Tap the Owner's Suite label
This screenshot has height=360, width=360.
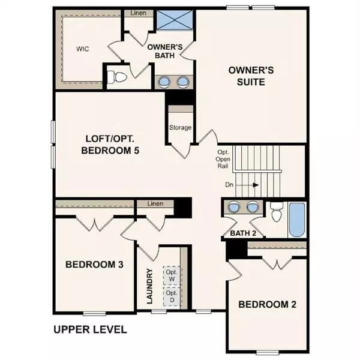click(x=251, y=76)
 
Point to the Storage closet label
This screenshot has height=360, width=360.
click(x=180, y=127)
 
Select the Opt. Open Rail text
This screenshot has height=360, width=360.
click(x=223, y=160)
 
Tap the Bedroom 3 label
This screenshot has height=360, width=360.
click(x=94, y=264)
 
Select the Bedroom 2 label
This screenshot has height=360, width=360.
click(x=267, y=304)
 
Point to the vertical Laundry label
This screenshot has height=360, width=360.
click(x=150, y=287)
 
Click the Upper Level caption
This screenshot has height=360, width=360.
click(x=89, y=329)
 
